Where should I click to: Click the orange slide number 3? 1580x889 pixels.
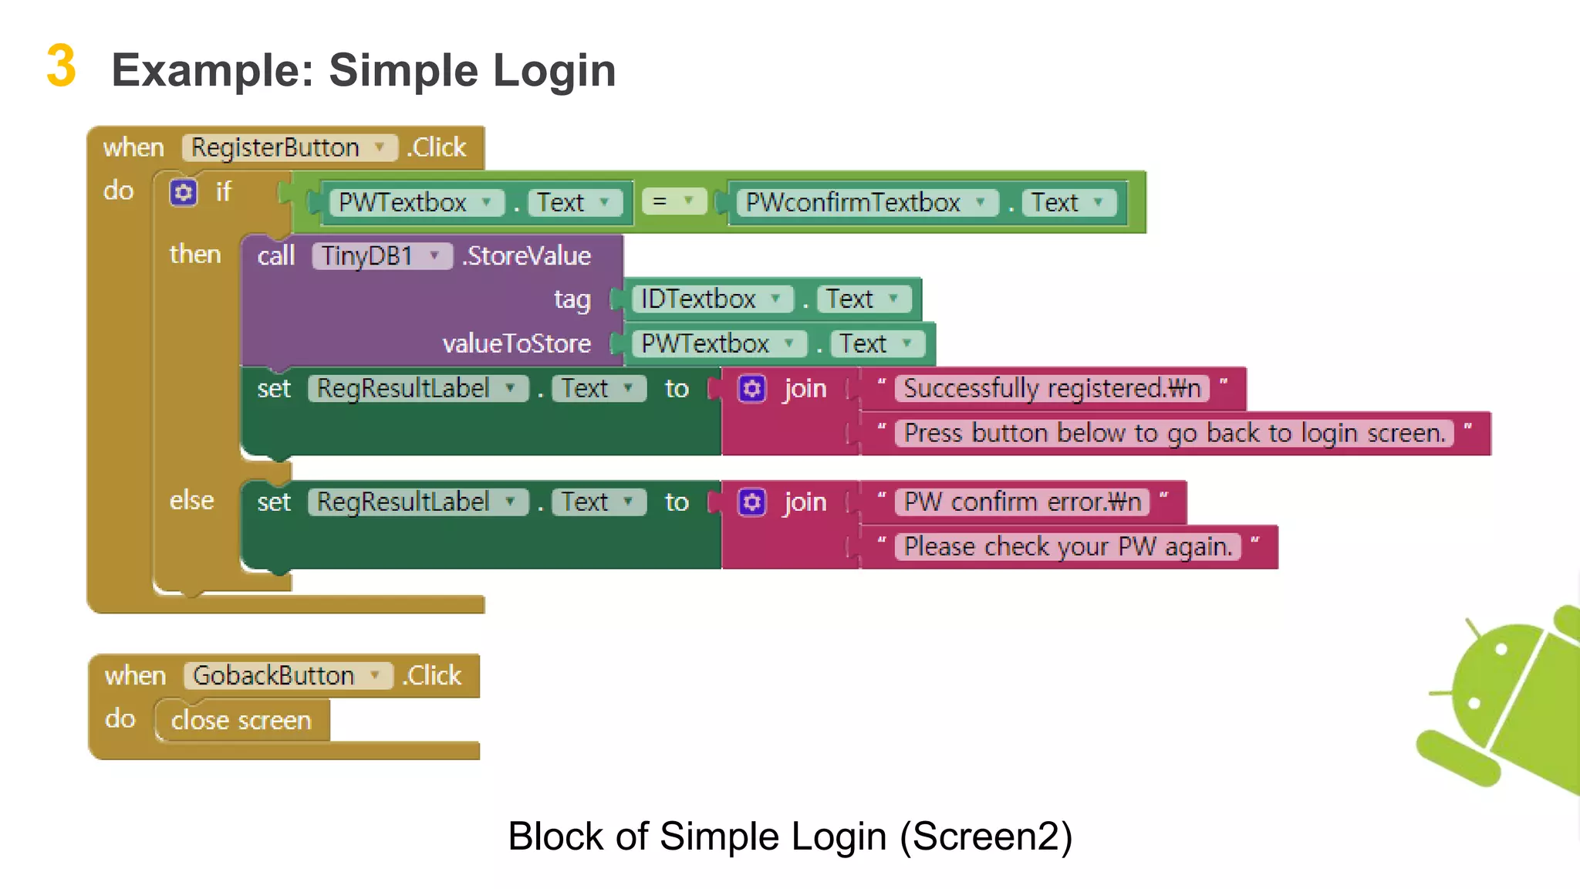point(61,66)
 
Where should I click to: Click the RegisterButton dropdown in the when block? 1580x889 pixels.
point(289,147)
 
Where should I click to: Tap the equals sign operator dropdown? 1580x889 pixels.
point(674,201)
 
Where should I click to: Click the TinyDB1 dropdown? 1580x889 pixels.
point(381,255)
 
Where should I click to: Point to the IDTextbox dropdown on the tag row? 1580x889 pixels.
point(711,299)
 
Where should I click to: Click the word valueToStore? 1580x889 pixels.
point(516,343)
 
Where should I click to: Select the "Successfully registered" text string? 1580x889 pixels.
point(1052,388)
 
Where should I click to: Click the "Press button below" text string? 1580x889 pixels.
point(1173,433)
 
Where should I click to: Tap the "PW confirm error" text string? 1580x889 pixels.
point(1021,502)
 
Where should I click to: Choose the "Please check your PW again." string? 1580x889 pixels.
point(1068,546)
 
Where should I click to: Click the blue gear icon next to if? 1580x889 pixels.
point(184,192)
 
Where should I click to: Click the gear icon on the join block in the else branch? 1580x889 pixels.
point(751,502)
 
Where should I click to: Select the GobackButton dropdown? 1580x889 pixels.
point(288,675)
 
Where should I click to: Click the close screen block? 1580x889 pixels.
point(241,720)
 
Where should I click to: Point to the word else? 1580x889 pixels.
point(191,500)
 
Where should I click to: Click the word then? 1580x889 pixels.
point(194,254)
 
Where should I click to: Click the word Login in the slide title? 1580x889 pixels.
point(554,70)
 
